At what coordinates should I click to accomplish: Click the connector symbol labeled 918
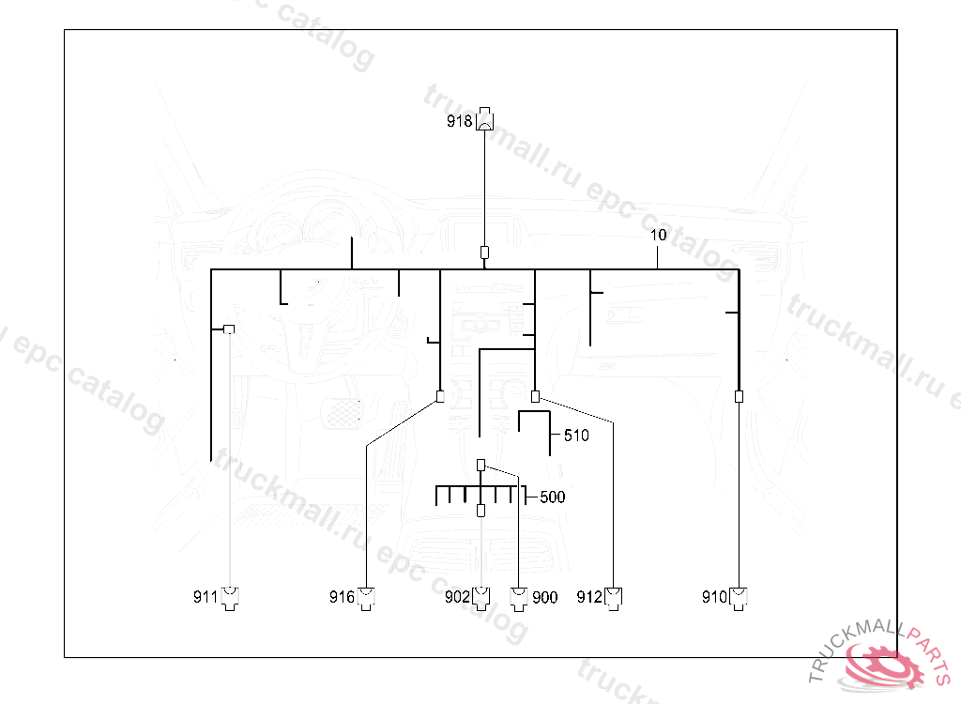485,120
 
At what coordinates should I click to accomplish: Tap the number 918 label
460,121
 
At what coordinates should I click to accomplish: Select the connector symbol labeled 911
230,597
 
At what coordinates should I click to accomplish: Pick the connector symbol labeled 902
481,597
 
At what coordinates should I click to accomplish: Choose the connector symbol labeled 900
519,597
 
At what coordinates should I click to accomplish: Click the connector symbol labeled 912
614,597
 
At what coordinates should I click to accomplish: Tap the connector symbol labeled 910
740,597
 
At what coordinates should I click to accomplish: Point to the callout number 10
658,235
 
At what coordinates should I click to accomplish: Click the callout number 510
576,436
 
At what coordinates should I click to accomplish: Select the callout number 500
553,497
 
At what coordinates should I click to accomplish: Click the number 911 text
206,597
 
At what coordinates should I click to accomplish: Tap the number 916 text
342,597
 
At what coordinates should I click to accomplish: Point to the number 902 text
457,597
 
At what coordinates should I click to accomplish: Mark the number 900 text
544,597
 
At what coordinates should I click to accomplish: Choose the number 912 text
589,597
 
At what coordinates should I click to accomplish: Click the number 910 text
715,597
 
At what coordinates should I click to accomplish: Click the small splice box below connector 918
484,252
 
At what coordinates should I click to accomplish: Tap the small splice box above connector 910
739,396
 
